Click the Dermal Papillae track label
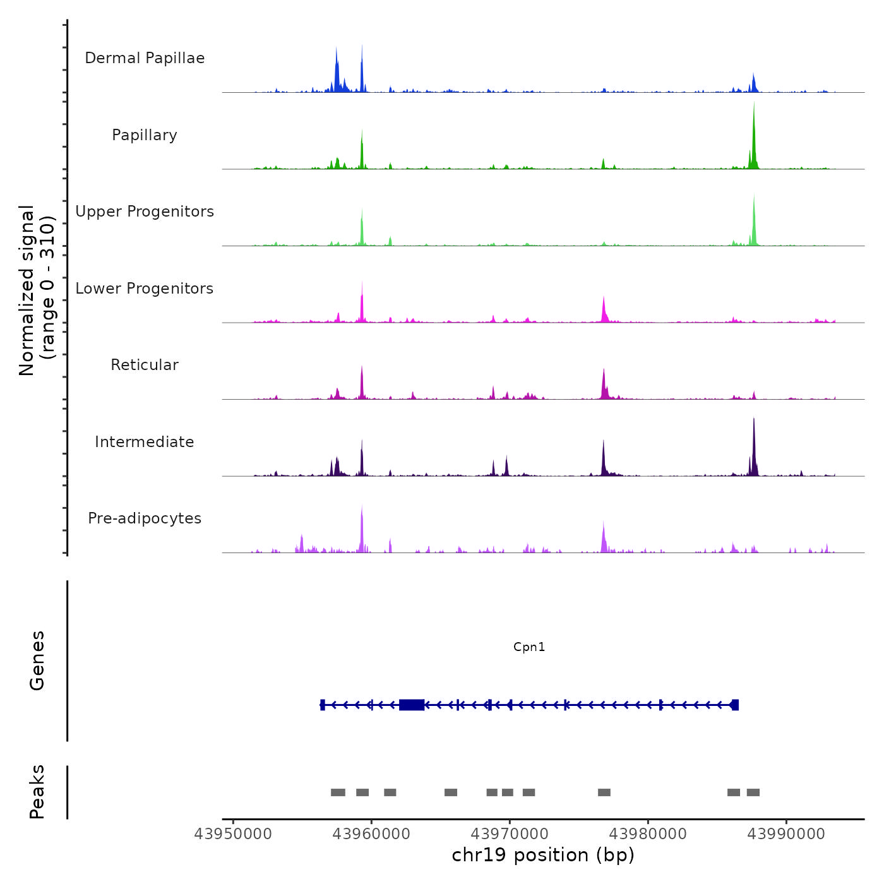(145, 58)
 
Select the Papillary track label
(145, 135)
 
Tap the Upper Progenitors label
(145, 212)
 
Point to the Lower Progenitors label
(145, 289)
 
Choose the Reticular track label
(145, 365)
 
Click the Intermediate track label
(145, 442)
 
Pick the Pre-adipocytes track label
(145, 518)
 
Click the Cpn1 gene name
(529, 647)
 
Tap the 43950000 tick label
(233, 833)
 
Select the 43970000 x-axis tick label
(510, 833)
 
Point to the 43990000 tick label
(786, 833)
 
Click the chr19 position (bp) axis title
(543, 855)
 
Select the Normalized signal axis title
(37, 290)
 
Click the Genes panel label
(37, 660)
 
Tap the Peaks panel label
(37, 792)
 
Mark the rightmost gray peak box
(753, 792)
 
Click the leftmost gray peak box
(338, 792)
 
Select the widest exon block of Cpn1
(412, 705)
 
